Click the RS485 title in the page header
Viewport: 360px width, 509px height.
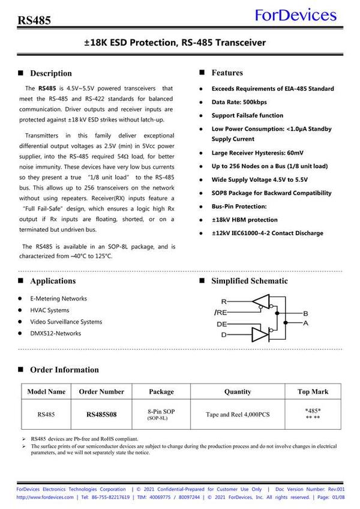[x=34, y=20]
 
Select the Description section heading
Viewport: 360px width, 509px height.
[x=50, y=73]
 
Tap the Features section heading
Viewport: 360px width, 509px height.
[x=227, y=73]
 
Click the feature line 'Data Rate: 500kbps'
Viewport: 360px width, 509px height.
[x=239, y=102]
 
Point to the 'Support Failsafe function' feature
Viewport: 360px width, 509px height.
[x=247, y=115]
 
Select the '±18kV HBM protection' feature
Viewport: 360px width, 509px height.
[x=244, y=220]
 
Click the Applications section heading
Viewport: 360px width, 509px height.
[x=53, y=281]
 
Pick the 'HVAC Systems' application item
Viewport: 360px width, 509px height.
[x=49, y=310]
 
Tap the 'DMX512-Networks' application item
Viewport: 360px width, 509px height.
[x=55, y=333]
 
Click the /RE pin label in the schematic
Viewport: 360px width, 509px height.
[x=220, y=313]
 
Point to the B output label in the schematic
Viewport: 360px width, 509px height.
[x=305, y=314]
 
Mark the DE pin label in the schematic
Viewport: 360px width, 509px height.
[x=221, y=324]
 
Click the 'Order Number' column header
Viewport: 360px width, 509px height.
[x=101, y=391]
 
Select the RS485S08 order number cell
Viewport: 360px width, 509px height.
[x=101, y=414]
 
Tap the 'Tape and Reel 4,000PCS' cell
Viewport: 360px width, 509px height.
[x=238, y=414]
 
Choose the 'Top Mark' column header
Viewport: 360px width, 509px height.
[x=313, y=391]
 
